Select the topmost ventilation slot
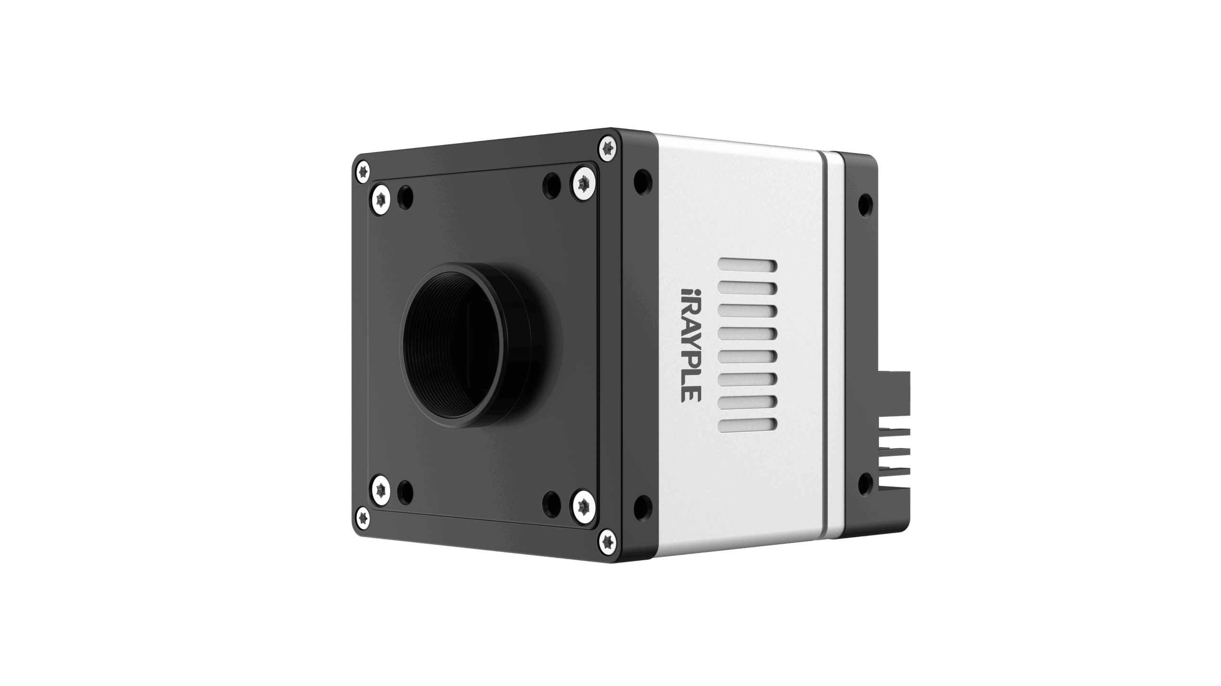point(748,266)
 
